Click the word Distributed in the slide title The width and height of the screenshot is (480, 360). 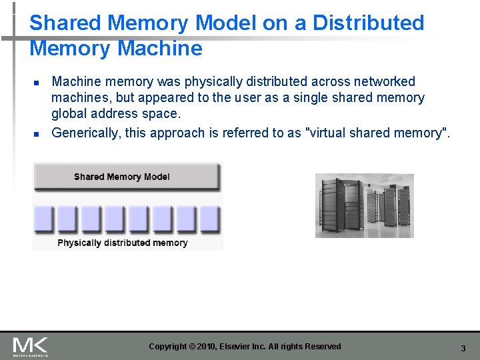368,23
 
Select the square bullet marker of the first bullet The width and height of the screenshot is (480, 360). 37,83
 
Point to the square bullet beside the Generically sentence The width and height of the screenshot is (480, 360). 37,133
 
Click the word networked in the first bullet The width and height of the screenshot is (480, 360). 383,82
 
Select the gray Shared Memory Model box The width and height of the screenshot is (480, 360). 127,177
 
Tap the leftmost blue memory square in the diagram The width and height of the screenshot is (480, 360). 44,218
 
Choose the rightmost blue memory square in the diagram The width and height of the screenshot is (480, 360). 209,218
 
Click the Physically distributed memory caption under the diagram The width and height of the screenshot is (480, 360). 123,243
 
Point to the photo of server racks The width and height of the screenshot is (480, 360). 364,205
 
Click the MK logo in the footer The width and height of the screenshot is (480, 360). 30,346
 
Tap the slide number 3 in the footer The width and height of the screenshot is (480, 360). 463,348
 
